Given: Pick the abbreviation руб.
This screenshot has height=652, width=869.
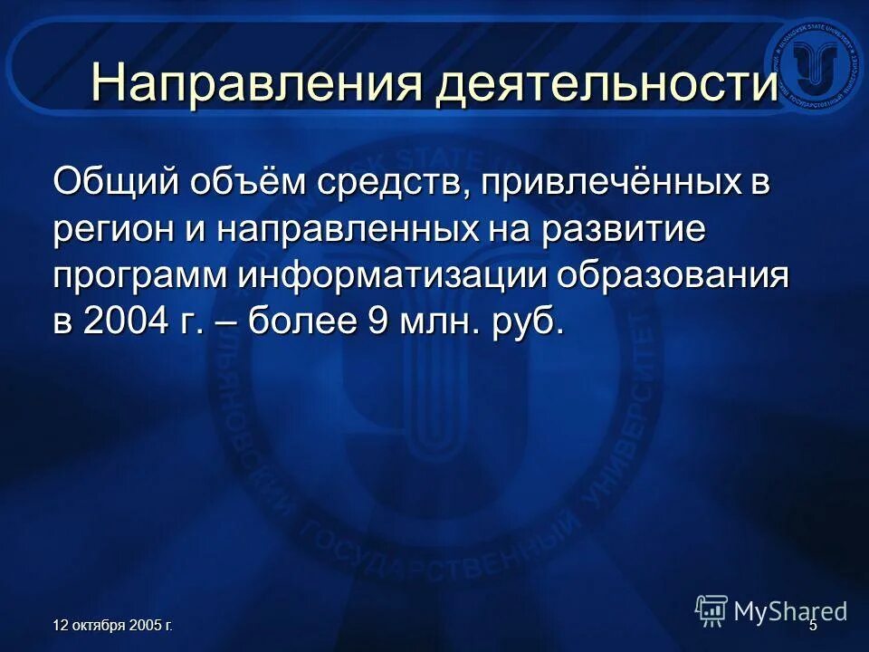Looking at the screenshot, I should tap(525, 323).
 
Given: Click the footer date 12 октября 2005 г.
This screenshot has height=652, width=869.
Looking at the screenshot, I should tap(113, 626).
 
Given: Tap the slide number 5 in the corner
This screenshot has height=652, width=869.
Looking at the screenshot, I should tap(812, 626).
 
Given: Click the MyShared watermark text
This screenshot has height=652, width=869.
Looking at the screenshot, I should tap(789, 611).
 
